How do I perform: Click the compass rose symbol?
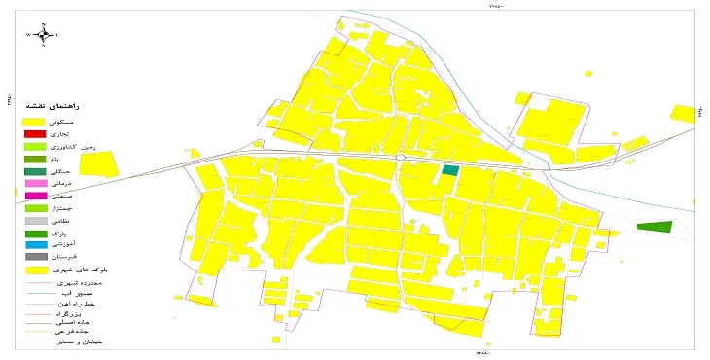(x=44, y=35)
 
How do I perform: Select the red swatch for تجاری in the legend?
(x=35, y=133)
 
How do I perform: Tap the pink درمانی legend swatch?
(x=35, y=183)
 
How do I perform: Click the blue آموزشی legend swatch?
(x=35, y=245)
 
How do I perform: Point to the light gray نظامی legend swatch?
(x=35, y=221)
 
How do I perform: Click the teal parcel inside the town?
(x=449, y=170)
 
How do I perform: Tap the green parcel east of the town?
(x=655, y=227)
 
